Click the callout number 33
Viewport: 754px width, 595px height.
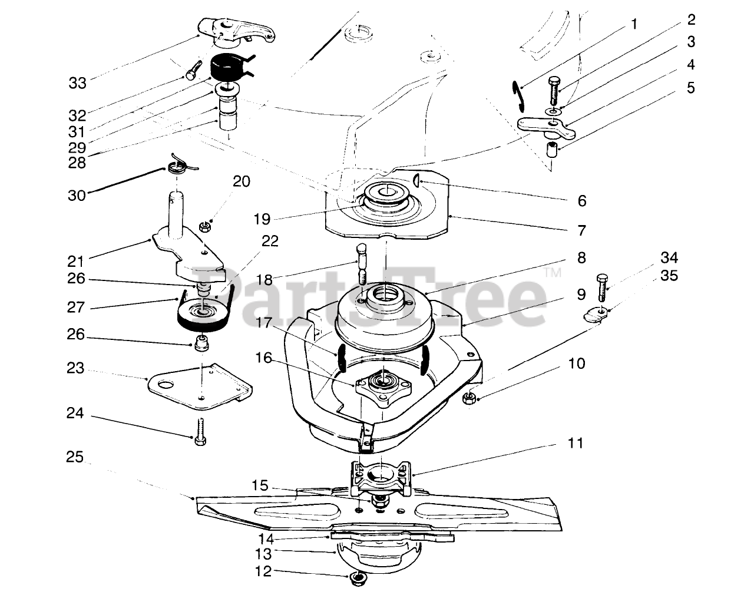coord(77,83)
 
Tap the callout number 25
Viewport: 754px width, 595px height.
coord(75,457)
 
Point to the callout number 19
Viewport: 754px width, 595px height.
coord(262,219)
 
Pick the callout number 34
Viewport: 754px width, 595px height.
coord(669,257)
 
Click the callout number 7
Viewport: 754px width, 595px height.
coord(581,229)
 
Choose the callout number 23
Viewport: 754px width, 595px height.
coord(75,369)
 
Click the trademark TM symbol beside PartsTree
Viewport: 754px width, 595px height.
coord(553,273)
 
